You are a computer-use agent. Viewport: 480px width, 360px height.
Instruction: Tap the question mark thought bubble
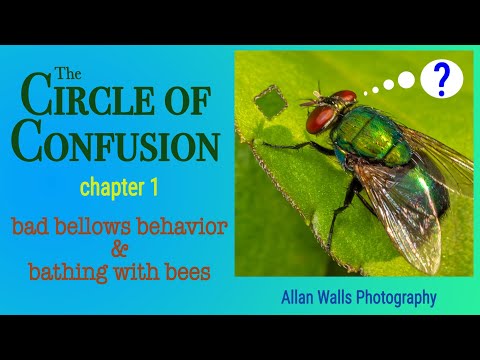point(440,79)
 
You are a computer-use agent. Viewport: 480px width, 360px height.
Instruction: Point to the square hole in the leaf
point(268,100)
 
